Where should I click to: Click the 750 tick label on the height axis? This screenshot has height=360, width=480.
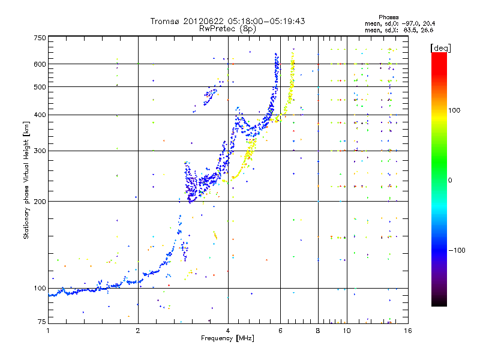coord(40,37)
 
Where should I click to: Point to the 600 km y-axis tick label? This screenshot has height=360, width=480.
coord(40,64)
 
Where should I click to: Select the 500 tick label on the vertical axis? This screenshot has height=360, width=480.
coord(40,87)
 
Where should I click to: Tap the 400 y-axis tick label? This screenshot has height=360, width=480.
coord(40,115)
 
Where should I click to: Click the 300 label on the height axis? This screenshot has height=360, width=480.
coord(40,151)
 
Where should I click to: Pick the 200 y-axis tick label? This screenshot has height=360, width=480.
coord(40,202)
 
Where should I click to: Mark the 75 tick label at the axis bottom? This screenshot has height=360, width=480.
coord(41,322)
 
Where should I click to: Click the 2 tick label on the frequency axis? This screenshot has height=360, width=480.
coord(138,331)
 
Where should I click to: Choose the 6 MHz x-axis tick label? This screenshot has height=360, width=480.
coord(280,331)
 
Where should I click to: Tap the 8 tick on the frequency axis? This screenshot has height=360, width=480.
coord(318,331)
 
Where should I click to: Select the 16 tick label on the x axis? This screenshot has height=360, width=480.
coord(407,331)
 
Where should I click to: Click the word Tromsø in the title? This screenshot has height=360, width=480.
coord(166,21)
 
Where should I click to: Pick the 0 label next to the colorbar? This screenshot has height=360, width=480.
coord(451,180)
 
